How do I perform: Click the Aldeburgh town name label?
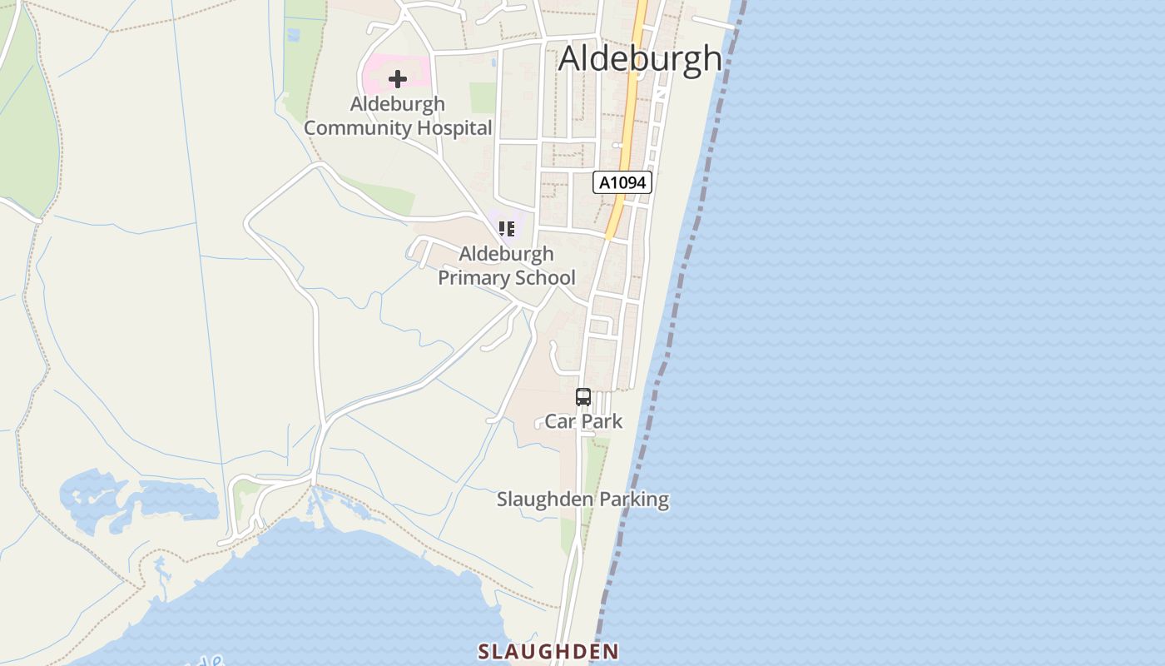(x=640, y=58)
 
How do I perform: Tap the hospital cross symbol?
(x=398, y=79)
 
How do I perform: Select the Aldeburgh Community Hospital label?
(x=398, y=116)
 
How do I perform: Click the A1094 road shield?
(x=622, y=182)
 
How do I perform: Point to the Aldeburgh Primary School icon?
(x=506, y=228)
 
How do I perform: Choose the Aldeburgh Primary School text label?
(x=507, y=266)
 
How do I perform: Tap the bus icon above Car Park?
(x=583, y=397)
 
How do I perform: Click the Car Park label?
(x=583, y=421)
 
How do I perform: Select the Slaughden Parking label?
(x=582, y=499)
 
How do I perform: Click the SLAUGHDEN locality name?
(x=548, y=651)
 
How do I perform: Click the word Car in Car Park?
(x=561, y=421)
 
